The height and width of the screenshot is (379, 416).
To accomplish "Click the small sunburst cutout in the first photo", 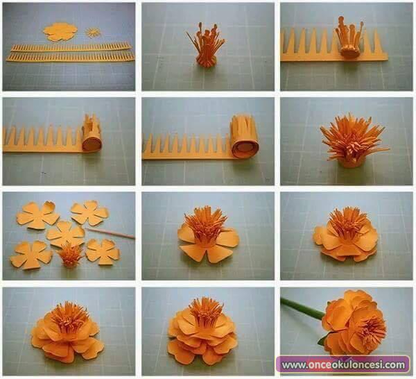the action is (x=93, y=33).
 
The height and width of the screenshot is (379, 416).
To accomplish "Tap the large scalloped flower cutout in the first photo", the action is (x=60, y=32).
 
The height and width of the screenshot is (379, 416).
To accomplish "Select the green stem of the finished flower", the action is (x=303, y=309).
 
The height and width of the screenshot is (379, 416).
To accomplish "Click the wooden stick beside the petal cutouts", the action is (x=110, y=233).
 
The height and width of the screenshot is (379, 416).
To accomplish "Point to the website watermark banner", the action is (x=343, y=364).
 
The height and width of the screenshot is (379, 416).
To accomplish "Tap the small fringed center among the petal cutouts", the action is (x=70, y=255).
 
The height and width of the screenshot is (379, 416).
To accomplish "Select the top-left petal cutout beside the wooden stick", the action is (x=37, y=215).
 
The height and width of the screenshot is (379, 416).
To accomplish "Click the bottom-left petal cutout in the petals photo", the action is (x=31, y=255).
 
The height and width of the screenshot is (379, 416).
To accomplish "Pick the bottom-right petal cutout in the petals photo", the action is (x=103, y=252).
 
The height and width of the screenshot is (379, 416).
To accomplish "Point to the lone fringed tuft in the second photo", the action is (x=206, y=47).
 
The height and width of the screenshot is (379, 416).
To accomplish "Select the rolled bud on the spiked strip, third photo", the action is (x=349, y=37).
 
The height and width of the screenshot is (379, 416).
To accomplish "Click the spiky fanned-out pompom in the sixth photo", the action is (x=353, y=141).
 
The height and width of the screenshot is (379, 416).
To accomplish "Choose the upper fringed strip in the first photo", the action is (x=71, y=47).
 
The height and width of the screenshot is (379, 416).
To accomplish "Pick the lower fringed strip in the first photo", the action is (x=70, y=56).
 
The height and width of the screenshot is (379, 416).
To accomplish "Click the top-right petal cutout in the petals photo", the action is (x=89, y=213).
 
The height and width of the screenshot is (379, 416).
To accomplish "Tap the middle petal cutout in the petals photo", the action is (x=65, y=233).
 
